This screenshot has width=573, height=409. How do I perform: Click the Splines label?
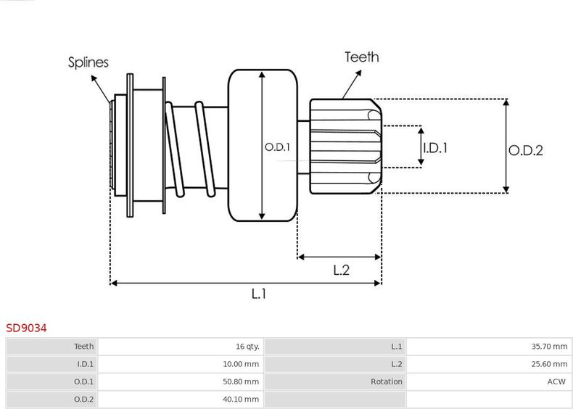pyautogui.click(x=88, y=62)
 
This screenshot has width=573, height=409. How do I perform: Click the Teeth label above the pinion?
pyautogui.click(x=361, y=57)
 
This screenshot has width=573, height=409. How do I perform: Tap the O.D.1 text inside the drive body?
pyautogui.click(x=277, y=147)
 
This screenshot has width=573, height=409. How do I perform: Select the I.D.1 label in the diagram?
pyautogui.click(x=435, y=148)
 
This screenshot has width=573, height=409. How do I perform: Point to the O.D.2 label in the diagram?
pyautogui.click(x=526, y=150)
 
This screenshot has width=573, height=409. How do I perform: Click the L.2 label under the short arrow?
pyautogui.click(x=342, y=270)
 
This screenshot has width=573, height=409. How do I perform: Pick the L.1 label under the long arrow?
pyautogui.click(x=259, y=294)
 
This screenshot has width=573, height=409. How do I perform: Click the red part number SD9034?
pyautogui.click(x=26, y=328)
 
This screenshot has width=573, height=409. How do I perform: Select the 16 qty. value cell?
pyautogui.click(x=247, y=346)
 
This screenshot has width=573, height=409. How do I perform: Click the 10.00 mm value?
pyautogui.click(x=241, y=364)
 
